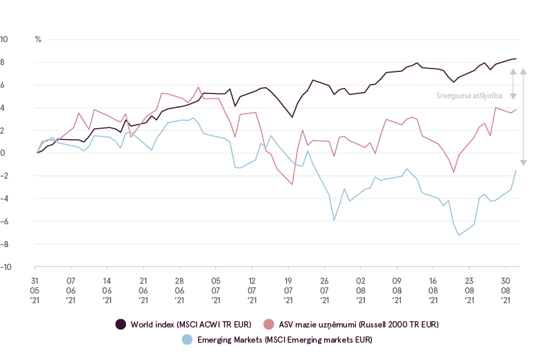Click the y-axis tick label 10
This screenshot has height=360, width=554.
coord(4,39)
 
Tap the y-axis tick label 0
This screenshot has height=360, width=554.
coord(5,153)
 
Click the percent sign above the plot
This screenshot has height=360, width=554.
coord(38,39)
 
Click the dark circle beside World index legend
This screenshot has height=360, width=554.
coord(120,324)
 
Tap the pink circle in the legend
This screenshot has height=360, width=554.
coord(269,324)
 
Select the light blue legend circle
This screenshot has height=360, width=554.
coord(186,339)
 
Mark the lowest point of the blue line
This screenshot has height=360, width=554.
coord(458,235)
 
